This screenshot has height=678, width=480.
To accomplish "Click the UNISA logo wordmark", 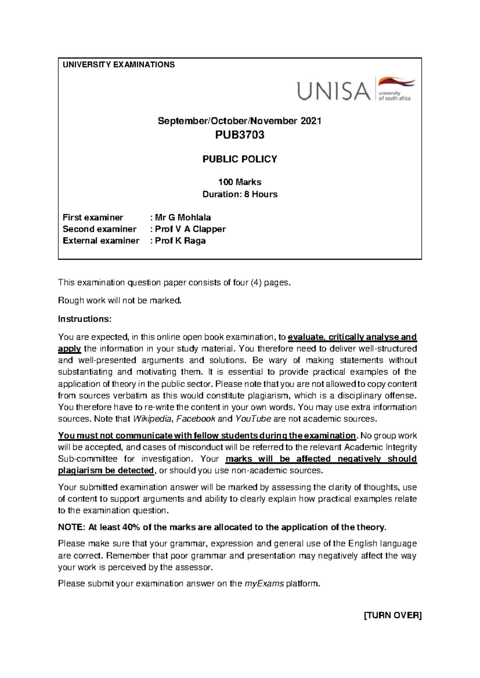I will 333,91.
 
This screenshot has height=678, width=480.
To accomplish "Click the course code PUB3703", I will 240,135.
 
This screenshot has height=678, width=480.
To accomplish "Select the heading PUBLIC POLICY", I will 240,159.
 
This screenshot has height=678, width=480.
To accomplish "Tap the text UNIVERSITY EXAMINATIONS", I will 118,65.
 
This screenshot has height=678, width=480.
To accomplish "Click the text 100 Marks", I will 240,182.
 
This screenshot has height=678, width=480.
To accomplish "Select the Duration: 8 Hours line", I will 240,194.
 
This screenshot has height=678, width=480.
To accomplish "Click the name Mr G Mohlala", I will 183,217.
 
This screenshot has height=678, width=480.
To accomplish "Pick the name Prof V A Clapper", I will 190,229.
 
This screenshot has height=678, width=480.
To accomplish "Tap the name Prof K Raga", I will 180,241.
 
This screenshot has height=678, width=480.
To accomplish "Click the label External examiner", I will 101,241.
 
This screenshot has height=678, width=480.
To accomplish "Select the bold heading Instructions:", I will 84,319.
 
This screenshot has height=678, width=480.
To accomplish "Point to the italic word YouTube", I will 253,419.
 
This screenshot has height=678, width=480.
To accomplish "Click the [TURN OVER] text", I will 392,615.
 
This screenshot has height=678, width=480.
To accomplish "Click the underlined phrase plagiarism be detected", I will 106,471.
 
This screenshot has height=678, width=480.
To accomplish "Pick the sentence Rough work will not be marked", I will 120,301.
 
